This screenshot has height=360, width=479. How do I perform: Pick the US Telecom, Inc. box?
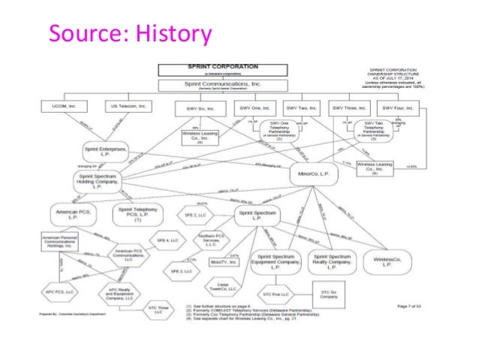(x=122, y=105)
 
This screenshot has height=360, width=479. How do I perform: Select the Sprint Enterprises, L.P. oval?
(x=105, y=150)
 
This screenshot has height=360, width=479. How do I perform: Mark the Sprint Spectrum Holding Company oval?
(x=100, y=181)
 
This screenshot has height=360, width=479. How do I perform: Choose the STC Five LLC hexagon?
(x=278, y=295)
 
